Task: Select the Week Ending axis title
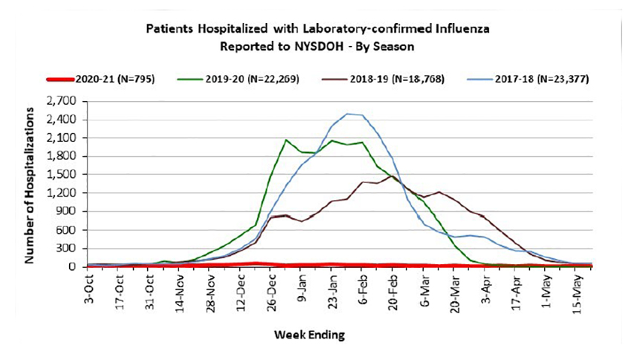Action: (x=309, y=336)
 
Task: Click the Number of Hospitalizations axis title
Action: (x=30, y=184)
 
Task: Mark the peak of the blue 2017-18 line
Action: (x=347, y=114)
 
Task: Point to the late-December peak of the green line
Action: (x=286, y=140)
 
